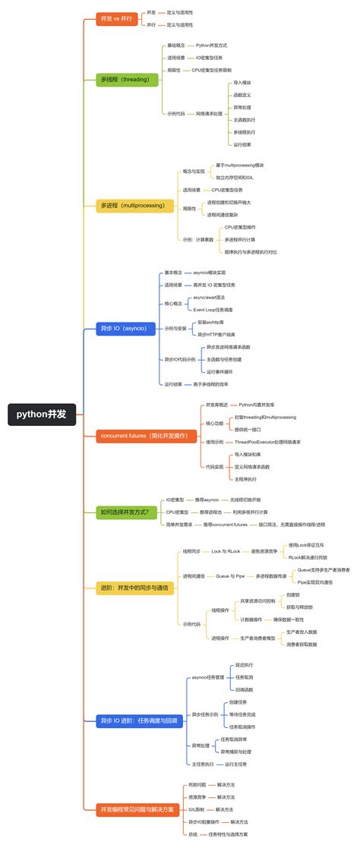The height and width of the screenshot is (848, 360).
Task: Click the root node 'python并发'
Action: coord(42,414)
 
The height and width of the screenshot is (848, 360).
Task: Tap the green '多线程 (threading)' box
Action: coord(127,79)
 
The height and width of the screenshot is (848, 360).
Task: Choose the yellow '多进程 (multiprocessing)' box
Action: coord(133,205)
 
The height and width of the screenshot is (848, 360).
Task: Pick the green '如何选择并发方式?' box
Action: coord(126,512)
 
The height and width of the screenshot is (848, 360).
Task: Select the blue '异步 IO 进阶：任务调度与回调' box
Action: coord(139,720)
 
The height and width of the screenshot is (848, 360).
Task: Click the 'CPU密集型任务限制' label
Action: coord(216,70)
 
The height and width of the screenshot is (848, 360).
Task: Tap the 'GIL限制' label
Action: coord(198,809)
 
